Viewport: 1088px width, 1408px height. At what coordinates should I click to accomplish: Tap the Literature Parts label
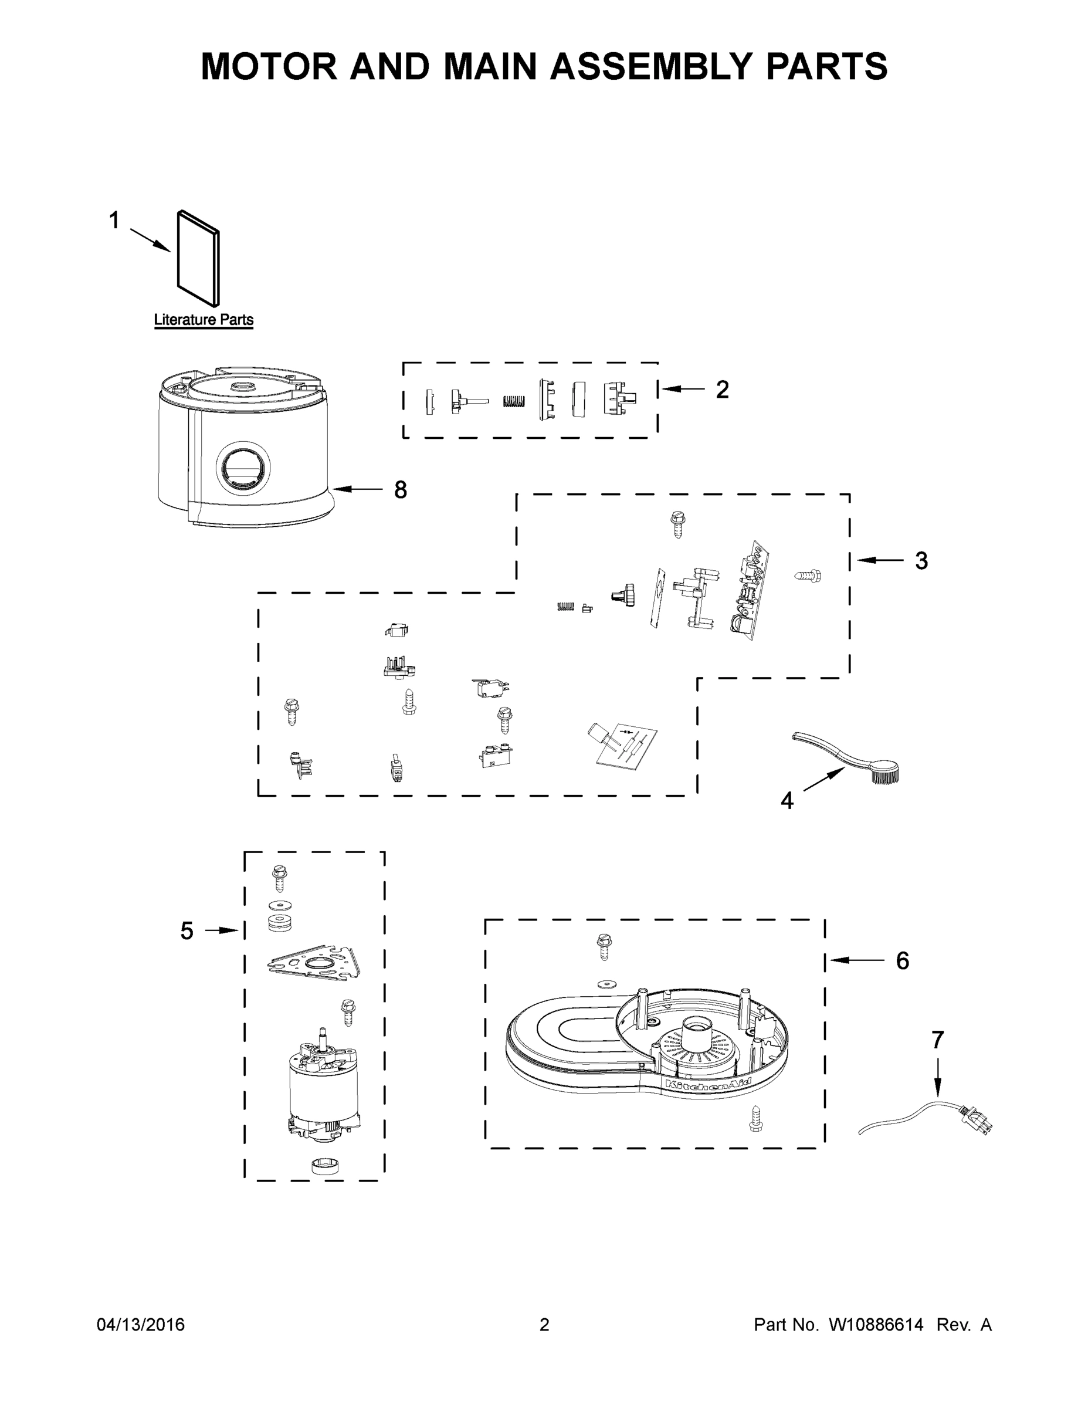(204, 320)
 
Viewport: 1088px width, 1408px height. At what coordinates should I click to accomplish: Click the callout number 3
(921, 561)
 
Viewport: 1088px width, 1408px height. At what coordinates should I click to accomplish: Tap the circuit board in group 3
(751, 591)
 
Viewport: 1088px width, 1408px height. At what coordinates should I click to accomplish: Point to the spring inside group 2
(513, 400)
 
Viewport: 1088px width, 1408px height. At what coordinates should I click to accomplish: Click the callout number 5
(187, 931)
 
